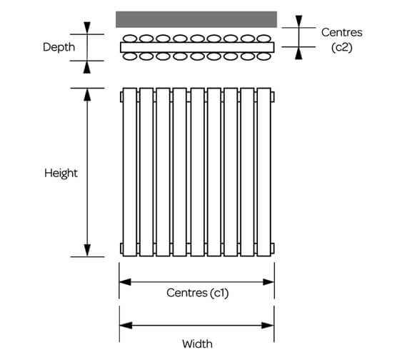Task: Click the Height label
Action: click(61, 173)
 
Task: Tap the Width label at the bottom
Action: click(197, 344)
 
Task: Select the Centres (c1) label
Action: click(197, 293)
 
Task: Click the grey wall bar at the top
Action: click(196, 19)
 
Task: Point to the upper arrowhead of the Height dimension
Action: click(88, 95)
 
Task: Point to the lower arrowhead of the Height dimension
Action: click(88, 249)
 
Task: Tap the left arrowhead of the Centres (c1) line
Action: click(125, 281)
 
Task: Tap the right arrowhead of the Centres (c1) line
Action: click(268, 281)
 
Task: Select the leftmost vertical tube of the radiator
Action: click(129, 171)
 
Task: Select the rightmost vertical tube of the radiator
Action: click(263, 171)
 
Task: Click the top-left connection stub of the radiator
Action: click(121, 95)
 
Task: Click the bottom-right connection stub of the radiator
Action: click(272, 248)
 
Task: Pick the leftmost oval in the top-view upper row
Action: click(129, 39)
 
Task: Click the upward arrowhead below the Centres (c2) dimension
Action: click(299, 53)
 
